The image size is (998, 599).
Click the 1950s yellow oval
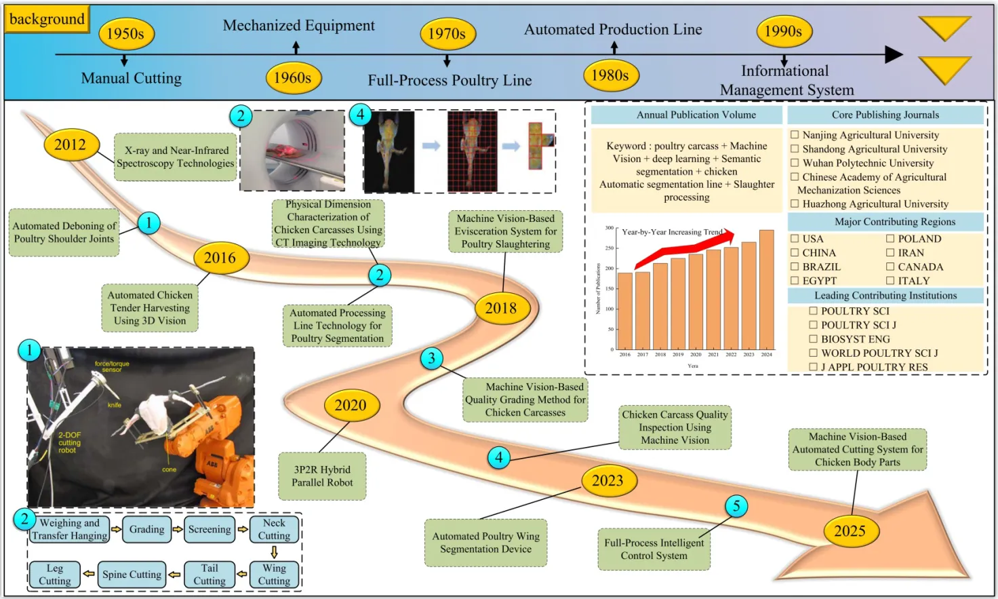126,34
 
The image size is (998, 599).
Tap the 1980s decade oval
610,75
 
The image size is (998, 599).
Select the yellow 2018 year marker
500,309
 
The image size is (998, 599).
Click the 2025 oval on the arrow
850,531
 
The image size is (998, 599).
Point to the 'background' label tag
47,19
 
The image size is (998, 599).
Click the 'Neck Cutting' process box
274,529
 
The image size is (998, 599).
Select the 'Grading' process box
146,529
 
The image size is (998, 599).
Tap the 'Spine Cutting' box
132,575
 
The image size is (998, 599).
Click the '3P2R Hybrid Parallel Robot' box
322,476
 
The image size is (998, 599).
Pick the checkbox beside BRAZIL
795,267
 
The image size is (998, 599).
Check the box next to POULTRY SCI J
813,325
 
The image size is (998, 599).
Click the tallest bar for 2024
766,290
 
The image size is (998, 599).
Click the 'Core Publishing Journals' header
885,115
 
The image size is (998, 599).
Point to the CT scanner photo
292,150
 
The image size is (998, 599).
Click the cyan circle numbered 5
736,505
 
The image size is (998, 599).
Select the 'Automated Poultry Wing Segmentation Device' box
485,543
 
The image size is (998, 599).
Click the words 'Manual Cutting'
132,79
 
